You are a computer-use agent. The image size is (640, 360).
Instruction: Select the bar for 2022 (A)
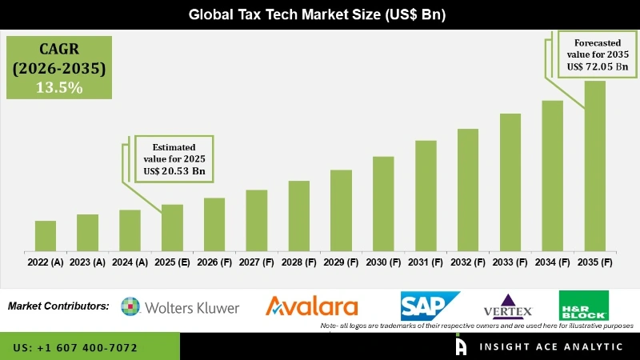46,235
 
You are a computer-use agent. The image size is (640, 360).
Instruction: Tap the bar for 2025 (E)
172,227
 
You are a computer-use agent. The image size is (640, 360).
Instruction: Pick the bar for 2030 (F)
383,203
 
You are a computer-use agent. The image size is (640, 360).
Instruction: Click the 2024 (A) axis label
130,262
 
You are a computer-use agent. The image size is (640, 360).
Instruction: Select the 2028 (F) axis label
298,262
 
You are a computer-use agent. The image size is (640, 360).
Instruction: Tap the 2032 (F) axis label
467,262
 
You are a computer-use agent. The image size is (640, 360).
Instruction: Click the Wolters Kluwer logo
180,306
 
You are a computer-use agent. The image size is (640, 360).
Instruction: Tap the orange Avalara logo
312,306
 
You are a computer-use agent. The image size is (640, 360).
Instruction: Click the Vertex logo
509,307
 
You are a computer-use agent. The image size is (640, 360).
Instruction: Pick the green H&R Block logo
583,305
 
